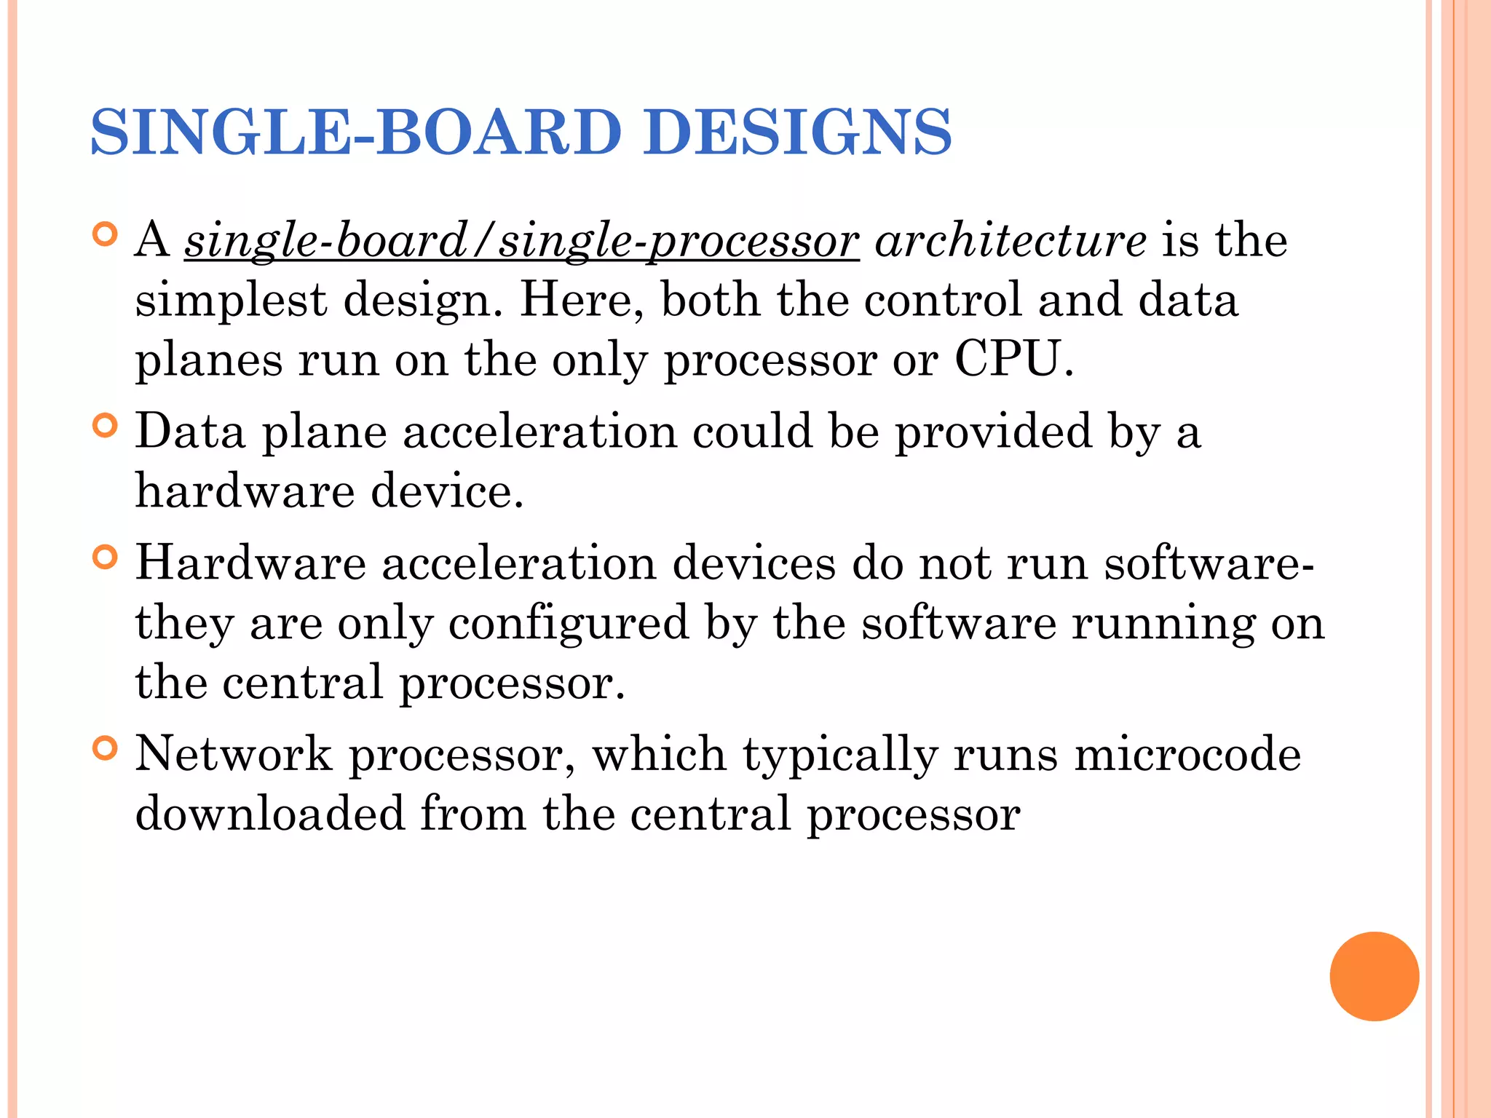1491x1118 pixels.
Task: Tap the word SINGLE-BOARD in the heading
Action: (356, 132)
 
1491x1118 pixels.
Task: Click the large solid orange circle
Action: (1374, 976)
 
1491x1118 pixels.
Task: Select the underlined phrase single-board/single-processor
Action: (521, 241)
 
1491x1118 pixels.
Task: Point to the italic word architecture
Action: (1010, 241)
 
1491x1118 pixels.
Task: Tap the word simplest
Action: (231, 301)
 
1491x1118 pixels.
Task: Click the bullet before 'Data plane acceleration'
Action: (106, 426)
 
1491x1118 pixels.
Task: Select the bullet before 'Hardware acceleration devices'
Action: (106, 558)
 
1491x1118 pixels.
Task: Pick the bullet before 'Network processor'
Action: (106, 748)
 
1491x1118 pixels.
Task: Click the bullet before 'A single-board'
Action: (106, 235)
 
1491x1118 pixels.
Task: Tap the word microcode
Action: (1187, 754)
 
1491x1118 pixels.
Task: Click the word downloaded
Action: (269, 814)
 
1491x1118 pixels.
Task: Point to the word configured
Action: (568, 624)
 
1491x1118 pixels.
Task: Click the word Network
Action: (234, 754)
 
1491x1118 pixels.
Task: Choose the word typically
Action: (840, 756)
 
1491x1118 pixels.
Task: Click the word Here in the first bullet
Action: (575, 301)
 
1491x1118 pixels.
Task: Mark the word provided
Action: (994, 432)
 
